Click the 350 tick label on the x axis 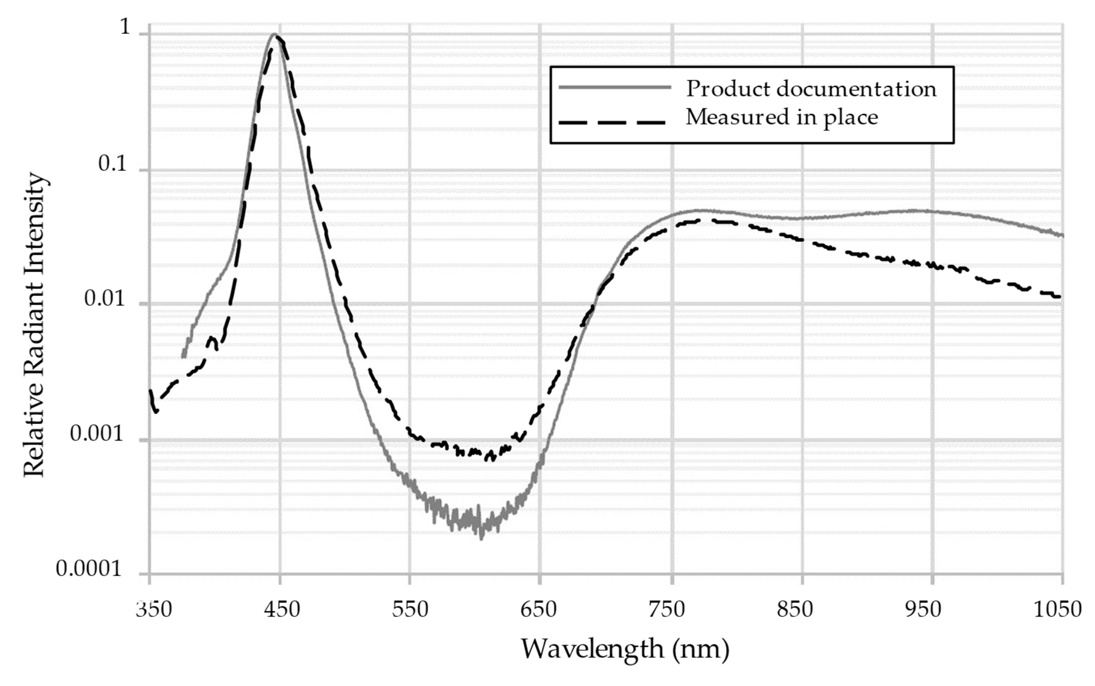click(x=154, y=610)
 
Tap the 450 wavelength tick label click(x=283, y=610)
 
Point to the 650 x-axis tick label click(x=539, y=610)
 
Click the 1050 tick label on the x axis click(x=1057, y=610)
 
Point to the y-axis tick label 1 click(x=125, y=28)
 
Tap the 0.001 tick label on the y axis click(x=97, y=434)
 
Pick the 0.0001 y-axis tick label click(x=89, y=569)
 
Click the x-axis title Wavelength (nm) click(x=625, y=649)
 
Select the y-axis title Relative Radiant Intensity click(x=35, y=325)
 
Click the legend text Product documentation click(x=811, y=89)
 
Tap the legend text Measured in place click(x=782, y=117)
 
